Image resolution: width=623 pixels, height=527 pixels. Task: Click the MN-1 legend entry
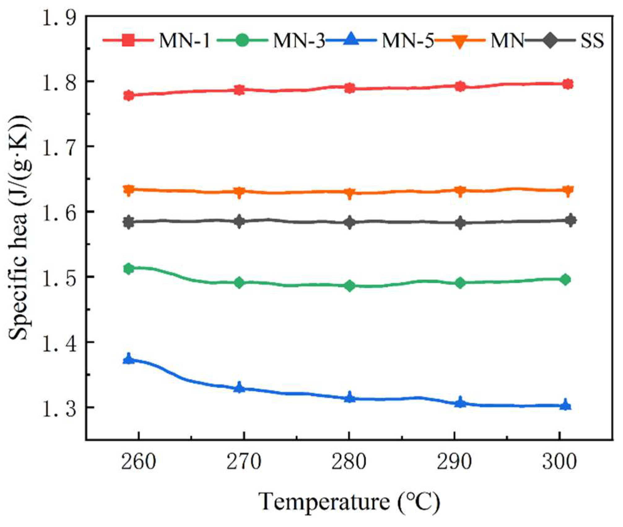pyautogui.click(x=185, y=41)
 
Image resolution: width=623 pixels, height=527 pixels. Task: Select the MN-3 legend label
pyautogui.click(x=298, y=41)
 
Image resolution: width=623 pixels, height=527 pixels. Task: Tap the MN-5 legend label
pyautogui.click(x=407, y=41)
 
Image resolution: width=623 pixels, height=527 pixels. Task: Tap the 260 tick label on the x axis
pyautogui.click(x=138, y=462)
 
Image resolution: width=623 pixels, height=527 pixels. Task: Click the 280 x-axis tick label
pyautogui.click(x=349, y=462)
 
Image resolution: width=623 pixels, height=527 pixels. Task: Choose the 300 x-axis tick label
pyautogui.click(x=559, y=462)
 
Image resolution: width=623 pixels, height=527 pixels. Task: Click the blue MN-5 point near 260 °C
pyautogui.click(x=129, y=359)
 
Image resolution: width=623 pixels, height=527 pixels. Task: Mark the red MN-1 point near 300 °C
pyautogui.click(x=568, y=84)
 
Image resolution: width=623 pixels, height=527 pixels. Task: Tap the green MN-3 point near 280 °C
pyautogui.click(x=350, y=285)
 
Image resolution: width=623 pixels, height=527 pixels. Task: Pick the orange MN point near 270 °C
pyautogui.click(x=239, y=192)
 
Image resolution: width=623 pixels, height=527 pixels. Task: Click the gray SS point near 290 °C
pyautogui.click(x=460, y=223)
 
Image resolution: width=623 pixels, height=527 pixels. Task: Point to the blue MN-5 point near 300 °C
pyautogui.click(x=565, y=405)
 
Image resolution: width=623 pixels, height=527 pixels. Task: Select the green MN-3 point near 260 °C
pyautogui.click(x=129, y=268)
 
